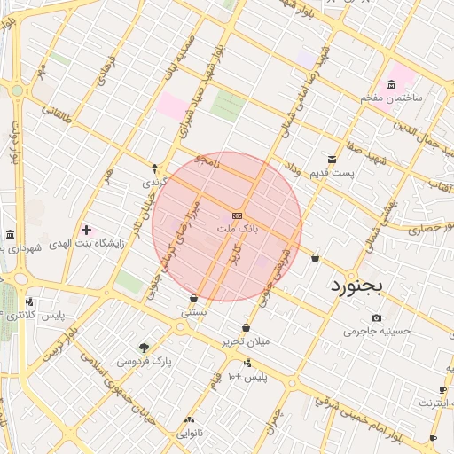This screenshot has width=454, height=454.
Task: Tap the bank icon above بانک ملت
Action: click(x=237, y=215)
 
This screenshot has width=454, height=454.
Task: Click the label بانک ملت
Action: click(x=237, y=229)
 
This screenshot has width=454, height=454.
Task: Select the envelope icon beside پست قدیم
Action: click(x=332, y=159)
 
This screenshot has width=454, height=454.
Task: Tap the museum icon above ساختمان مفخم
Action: click(x=392, y=83)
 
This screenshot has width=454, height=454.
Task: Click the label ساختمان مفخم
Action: click(x=391, y=97)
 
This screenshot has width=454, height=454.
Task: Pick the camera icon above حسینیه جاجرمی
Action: click(x=377, y=318)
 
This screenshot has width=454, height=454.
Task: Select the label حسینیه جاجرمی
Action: click(x=378, y=332)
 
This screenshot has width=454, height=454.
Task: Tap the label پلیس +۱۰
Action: click(x=247, y=378)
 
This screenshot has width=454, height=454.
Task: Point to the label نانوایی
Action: click(x=190, y=434)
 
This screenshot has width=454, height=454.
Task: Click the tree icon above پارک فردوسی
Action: click(x=145, y=348)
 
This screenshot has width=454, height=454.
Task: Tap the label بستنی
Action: click(x=194, y=312)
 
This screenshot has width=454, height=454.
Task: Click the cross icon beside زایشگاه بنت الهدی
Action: click(x=86, y=230)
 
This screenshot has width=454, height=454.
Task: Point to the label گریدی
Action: click(x=154, y=181)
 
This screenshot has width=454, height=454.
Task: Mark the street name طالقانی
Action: click(x=55, y=113)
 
